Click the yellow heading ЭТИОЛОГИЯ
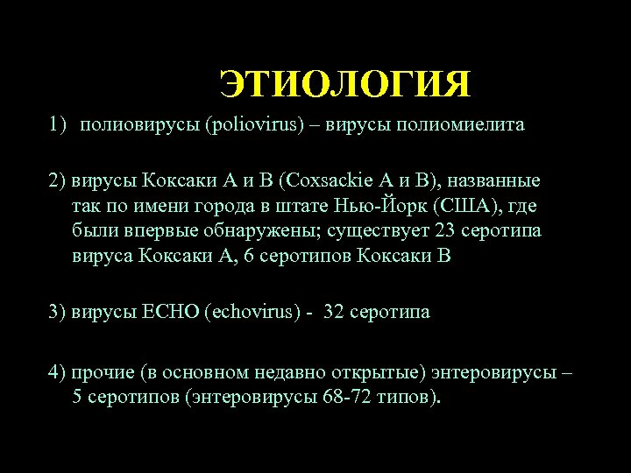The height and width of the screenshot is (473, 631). tap(344, 84)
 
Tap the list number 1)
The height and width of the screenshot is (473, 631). tap(58, 124)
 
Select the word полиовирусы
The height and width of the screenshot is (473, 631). tap(140, 124)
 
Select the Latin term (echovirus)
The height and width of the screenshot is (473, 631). tap(252, 313)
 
